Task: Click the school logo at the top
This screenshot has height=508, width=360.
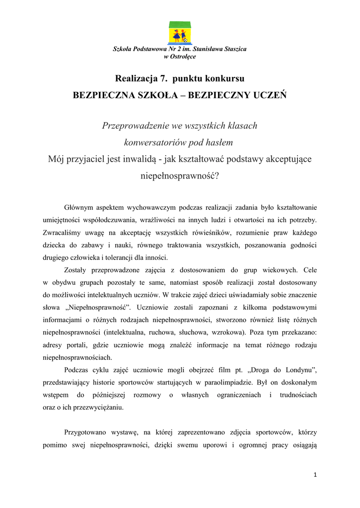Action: [180, 33]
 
